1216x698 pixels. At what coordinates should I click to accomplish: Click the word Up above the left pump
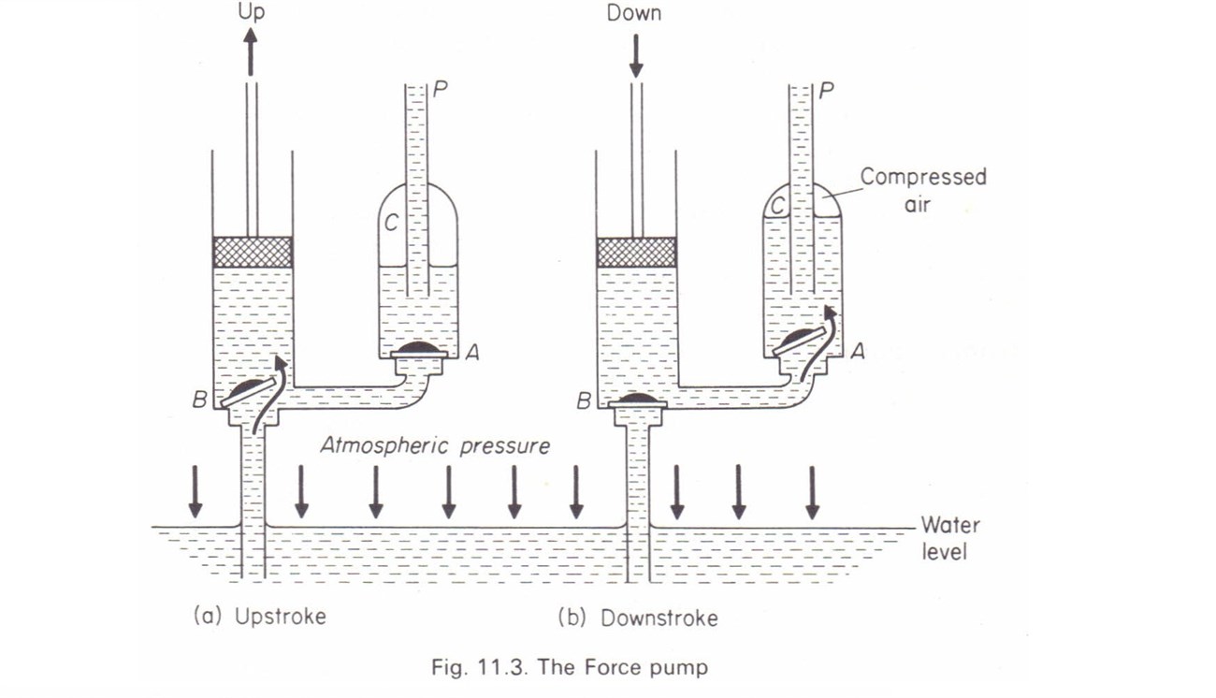[251, 12]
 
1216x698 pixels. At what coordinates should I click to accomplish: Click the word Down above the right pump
[634, 13]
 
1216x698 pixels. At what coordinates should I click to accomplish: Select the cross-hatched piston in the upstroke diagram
[253, 252]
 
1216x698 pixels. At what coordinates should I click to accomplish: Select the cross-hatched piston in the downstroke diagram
[636, 252]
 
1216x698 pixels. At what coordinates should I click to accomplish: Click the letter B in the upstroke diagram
[199, 401]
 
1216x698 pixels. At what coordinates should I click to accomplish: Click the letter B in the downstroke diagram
[583, 401]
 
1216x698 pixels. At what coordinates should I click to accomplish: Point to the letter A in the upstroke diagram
[473, 352]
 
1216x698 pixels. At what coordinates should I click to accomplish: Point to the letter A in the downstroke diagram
[858, 352]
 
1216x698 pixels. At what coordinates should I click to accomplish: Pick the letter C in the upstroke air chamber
[392, 224]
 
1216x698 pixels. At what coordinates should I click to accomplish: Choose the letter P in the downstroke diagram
[826, 92]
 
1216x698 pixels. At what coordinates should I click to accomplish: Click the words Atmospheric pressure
[435, 445]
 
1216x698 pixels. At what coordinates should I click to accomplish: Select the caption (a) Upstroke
[259, 617]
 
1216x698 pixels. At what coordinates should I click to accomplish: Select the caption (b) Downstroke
[638, 618]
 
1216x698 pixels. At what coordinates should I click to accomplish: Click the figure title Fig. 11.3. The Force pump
[570, 667]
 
